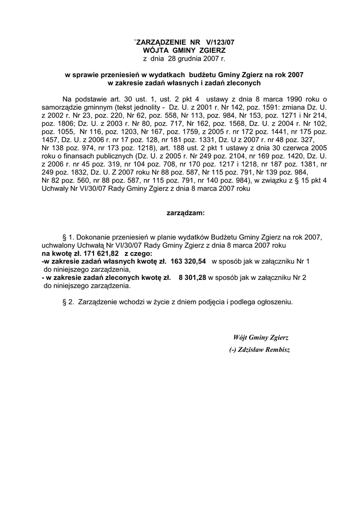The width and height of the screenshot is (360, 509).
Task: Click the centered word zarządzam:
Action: click(184, 213)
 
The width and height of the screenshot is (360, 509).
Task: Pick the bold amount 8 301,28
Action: click(192, 277)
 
